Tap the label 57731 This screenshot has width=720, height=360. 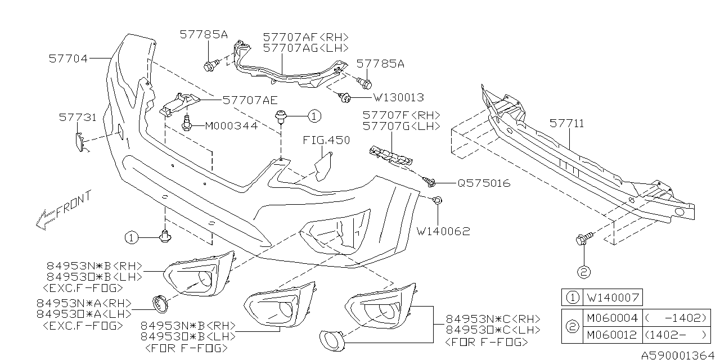[78, 118]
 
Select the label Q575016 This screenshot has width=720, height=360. [483, 183]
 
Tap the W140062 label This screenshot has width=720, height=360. [443, 231]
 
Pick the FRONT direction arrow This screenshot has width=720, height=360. [62, 211]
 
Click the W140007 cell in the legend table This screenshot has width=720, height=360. [614, 298]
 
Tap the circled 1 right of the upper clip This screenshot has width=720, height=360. [314, 116]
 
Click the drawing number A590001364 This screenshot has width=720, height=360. [678, 354]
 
